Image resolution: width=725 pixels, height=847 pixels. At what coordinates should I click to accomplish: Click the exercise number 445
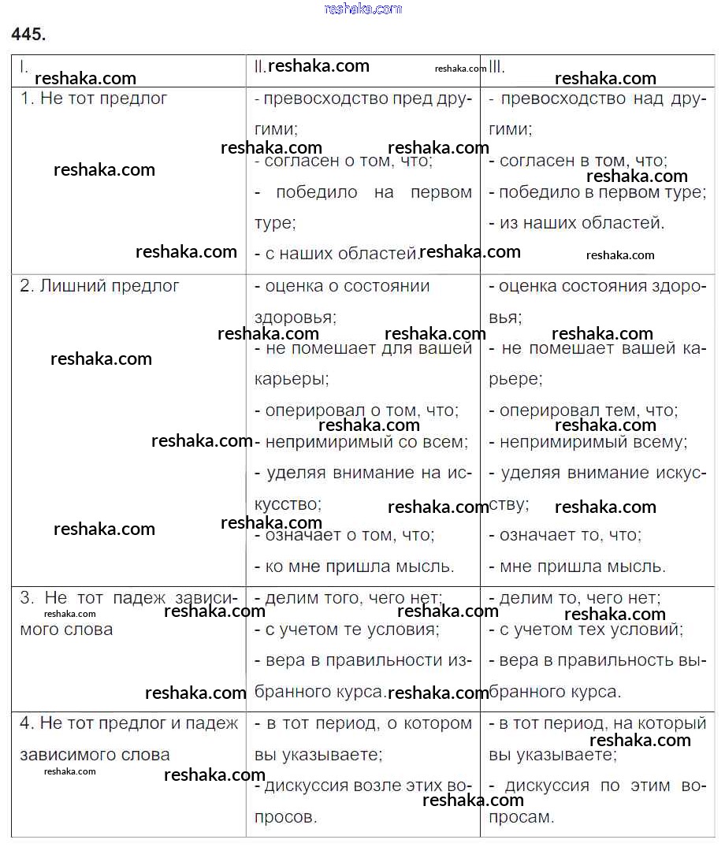(x=29, y=34)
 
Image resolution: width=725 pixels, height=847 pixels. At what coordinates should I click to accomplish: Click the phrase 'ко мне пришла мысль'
(x=355, y=566)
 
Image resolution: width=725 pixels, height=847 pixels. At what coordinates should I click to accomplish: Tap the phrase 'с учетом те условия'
(x=348, y=630)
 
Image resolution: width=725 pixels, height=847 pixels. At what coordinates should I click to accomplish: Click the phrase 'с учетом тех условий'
(x=586, y=630)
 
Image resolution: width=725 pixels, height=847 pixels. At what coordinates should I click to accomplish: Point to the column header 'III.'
(x=497, y=68)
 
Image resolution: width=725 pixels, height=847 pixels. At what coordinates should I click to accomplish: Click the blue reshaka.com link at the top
(x=362, y=9)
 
